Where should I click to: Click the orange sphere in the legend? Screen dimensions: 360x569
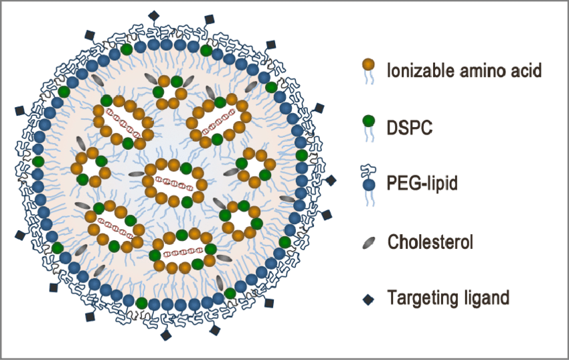[368, 65]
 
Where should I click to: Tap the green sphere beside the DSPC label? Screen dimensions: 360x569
[368, 121]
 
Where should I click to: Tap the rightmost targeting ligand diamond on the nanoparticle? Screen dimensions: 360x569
[331, 181]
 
